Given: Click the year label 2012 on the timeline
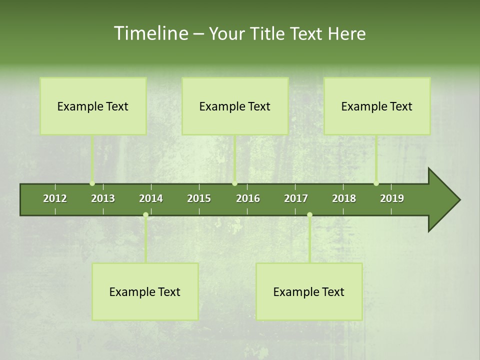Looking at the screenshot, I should point(55,198).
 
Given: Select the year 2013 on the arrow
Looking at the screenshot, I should point(103,198).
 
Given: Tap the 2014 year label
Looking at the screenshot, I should point(151,198).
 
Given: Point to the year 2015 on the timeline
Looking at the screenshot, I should point(199,198).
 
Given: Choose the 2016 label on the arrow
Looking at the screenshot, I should point(248,198).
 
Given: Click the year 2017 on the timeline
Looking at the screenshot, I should point(296,198).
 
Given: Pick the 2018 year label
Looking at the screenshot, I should point(344,198).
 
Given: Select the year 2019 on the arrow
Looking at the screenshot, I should point(392,198).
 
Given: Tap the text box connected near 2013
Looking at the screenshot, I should point(93,106).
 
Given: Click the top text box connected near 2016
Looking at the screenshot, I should point(235,106).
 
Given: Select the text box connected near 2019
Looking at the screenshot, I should point(377,106).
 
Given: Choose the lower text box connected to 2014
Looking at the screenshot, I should point(145,291).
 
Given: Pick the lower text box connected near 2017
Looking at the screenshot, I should point(309,291).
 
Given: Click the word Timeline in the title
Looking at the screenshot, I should point(150,33).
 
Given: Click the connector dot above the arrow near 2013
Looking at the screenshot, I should point(92,183).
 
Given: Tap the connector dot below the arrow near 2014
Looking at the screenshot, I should point(145,214).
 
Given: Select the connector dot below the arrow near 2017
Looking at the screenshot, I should point(309,214).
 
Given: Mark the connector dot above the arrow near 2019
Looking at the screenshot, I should point(376,183).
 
